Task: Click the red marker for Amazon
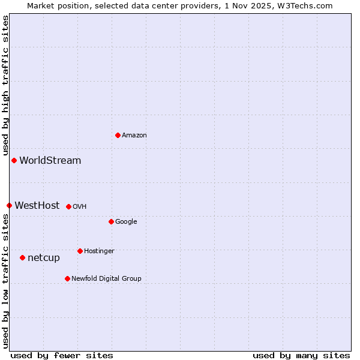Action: point(118,135)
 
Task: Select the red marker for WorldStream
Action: point(14,160)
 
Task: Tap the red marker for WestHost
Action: point(9,205)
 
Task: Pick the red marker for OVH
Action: point(68,206)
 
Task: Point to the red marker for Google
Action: point(111,221)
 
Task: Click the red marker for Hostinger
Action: point(80,251)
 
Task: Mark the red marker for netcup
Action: point(22,257)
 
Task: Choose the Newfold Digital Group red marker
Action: point(67,278)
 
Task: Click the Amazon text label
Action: point(134,136)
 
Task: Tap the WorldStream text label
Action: point(50,161)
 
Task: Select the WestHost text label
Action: point(37,206)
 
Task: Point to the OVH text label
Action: point(80,207)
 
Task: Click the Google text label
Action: point(126,222)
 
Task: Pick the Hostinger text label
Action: point(99,251)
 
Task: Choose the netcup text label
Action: point(44,258)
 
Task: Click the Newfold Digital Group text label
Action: point(106,279)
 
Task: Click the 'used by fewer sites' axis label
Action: point(62,356)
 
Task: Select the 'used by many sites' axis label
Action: point(301,356)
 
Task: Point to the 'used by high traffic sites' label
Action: point(6,86)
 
